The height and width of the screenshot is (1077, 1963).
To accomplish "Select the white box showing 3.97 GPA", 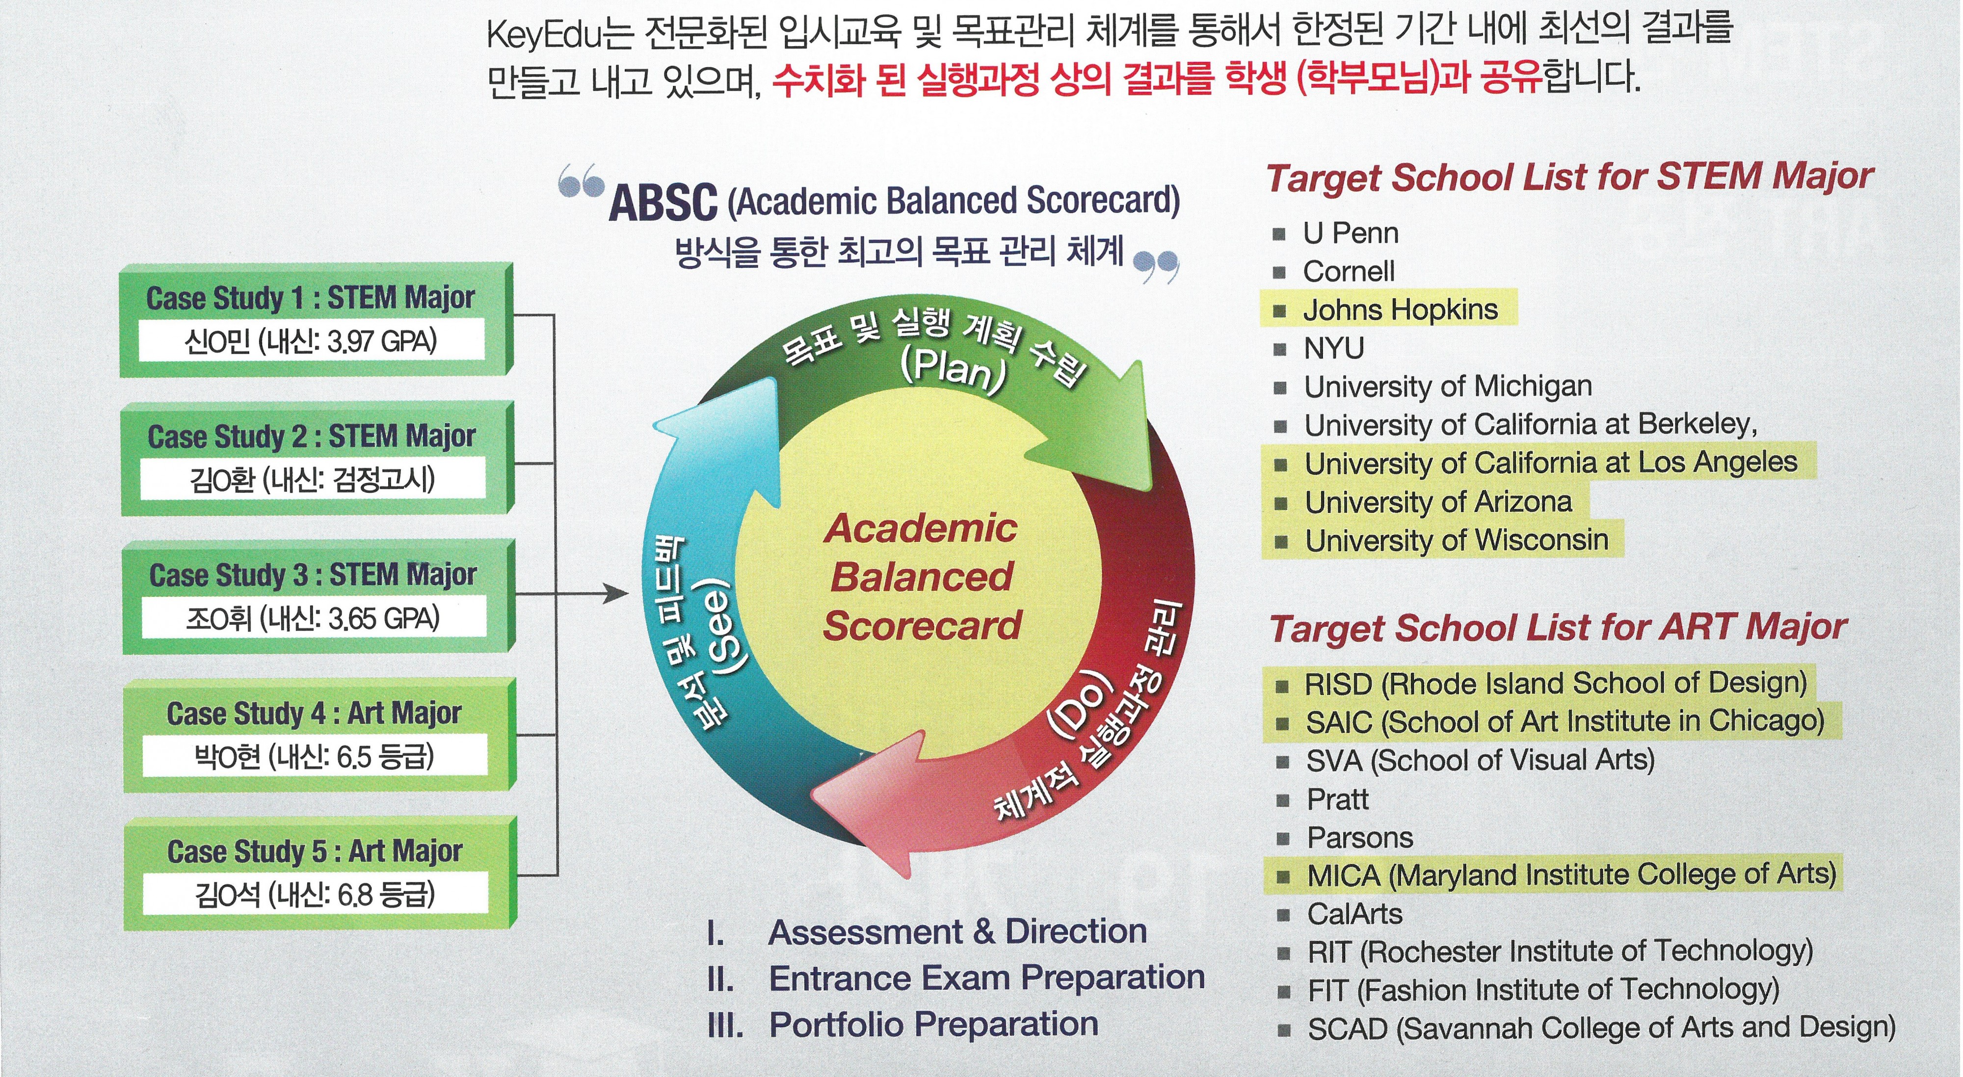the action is (311, 340).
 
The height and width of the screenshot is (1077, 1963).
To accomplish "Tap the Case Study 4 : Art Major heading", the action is (314, 714).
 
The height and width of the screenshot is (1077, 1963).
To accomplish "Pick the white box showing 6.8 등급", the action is (315, 894).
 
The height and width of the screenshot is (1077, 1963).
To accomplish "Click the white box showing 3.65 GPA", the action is (313, 617).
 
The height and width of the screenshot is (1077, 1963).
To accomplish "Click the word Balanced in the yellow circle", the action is (921, 577).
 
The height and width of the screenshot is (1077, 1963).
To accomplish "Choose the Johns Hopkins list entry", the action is (1400, 309).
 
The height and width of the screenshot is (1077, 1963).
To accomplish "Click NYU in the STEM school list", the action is (1333, 348).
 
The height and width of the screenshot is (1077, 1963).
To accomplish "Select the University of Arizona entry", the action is (1438, 502).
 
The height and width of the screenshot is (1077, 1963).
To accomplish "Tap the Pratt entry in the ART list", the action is (1337, 799).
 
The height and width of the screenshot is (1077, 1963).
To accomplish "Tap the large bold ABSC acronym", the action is (663, 203).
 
